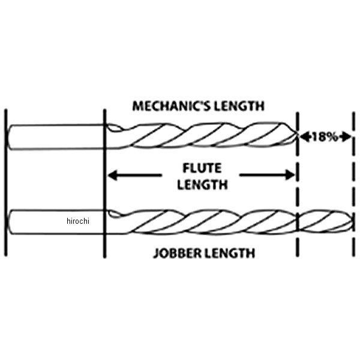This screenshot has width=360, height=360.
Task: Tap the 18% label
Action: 324,136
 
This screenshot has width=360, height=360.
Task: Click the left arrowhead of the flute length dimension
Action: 112,176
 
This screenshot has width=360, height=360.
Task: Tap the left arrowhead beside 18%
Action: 304,136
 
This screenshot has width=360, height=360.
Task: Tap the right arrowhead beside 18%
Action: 347,136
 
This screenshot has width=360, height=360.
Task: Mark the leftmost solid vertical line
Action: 5,180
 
